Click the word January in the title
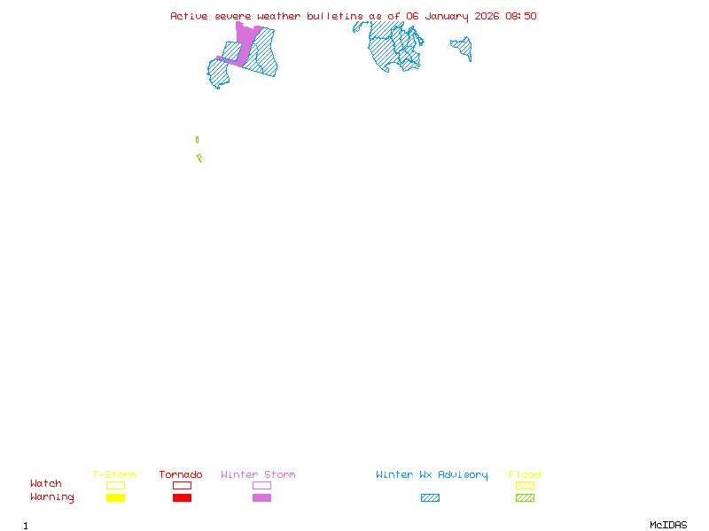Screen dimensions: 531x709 click(446, 16)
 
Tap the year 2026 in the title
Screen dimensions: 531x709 click(487, 16)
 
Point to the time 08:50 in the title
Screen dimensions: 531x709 click(521, 16)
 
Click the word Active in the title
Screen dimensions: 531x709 click(190, 16)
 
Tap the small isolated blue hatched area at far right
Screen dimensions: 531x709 click(462, 47)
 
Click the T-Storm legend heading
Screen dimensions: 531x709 click(114, 475)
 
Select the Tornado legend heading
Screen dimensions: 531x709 click(181, 475)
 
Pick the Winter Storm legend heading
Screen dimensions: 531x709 click(258, 475)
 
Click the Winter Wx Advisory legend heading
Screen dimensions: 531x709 click(432, 475)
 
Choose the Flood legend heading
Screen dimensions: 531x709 click(525, 475)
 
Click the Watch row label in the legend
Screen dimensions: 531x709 click(46, 484)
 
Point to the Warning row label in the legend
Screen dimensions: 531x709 click(51, 497)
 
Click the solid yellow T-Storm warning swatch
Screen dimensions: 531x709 click(115, 498)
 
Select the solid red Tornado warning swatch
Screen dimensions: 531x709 click(182, 498)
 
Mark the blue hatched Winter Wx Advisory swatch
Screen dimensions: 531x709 click(430, 498)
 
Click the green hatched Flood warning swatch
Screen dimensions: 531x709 click(525, 498)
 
